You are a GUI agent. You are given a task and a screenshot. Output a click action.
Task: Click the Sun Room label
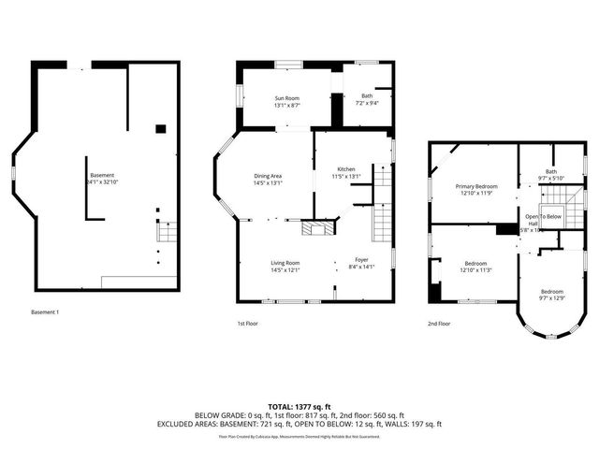(286, 97)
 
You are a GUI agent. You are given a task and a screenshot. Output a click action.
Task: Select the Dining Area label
(269, 176)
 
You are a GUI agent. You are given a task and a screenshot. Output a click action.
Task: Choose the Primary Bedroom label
(476, 186)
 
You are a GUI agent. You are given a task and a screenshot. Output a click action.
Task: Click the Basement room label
(101, 175)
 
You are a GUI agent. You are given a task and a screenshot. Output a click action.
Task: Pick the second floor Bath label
(551, 171)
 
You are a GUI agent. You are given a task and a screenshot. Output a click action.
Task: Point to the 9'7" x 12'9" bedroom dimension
(551, 298)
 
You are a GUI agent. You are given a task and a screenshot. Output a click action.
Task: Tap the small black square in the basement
(161, 128)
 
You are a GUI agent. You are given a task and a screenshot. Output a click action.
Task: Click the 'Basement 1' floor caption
(44, 311)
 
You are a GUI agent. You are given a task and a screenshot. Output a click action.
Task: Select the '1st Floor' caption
(246, 323)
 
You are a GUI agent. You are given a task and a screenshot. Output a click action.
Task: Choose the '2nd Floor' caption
(439, 323)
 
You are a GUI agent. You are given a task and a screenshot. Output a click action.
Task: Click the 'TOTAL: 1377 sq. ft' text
(299, 406)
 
